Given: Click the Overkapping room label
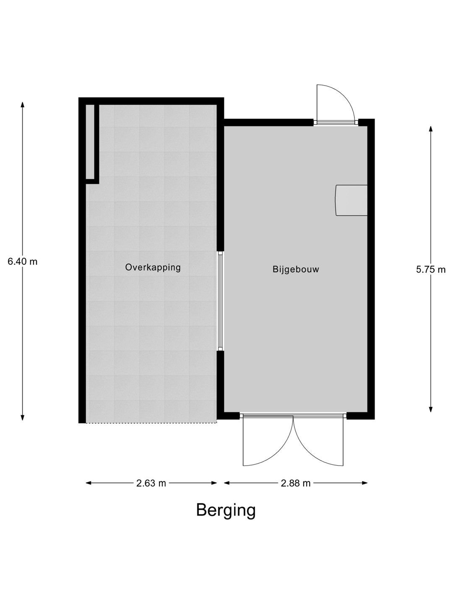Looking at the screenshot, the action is click(153, 268).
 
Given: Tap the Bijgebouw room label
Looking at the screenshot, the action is click(296, 269).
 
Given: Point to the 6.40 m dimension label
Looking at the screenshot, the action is click(23, 261).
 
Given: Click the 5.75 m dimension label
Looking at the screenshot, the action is click(431, 269).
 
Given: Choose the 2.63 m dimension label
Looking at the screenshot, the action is click(151, 483).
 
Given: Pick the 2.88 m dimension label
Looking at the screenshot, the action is click(296, 483).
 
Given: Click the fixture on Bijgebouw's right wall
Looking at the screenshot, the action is click(351, 200).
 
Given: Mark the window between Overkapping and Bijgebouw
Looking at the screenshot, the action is click(220, 301).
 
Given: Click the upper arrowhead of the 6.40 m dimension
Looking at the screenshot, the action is click(23, 104).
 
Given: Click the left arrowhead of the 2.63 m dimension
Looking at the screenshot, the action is click(89, 483).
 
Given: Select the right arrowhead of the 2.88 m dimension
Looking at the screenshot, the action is click(365, 483).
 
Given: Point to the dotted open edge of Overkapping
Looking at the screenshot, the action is click(151, 423).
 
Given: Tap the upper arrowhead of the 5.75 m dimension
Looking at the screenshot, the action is click(431, 129).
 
